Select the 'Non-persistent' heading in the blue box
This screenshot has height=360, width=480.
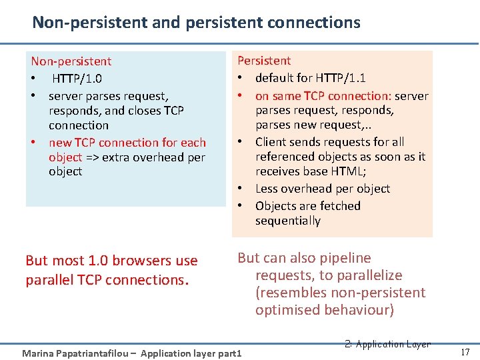(x=71, y=61)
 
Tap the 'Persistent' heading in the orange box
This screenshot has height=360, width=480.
(x=264, y=61)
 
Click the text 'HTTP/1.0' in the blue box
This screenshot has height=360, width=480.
(x=77, y=79)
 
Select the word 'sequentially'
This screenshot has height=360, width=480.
(x=287, y=221)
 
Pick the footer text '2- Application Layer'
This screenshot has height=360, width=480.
(x=387, y=344)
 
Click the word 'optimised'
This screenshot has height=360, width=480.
(x=288, y=310)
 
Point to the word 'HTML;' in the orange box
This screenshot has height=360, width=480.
(x=353, y=172)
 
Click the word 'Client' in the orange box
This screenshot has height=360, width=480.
(x=271, y=142)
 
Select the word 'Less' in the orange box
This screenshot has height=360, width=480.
(x=267, y=189)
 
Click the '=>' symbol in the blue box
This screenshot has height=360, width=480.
(x=92, y=157)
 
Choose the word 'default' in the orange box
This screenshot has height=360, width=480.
(x=276, y=78)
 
